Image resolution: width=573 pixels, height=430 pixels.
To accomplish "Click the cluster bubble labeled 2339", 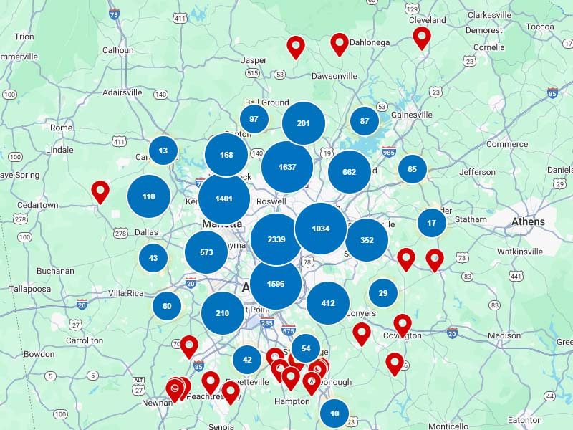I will [276, 239].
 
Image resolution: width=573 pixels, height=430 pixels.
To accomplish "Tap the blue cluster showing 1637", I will [287, 167].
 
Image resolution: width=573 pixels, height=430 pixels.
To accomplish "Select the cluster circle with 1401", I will [224, 199].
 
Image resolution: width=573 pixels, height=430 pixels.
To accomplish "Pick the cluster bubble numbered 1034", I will [321, 229].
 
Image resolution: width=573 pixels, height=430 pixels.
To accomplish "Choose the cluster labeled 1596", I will [276, 284].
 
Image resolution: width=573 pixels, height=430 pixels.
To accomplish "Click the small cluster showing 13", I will [163, 150].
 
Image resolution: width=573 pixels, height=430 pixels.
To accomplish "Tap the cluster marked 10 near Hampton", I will [334, 414].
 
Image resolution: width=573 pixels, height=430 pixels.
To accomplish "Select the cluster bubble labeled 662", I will [350, 172].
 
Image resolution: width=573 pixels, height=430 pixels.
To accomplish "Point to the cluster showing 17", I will [432, 223].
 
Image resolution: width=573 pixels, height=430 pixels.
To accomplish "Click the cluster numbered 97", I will [254, 118].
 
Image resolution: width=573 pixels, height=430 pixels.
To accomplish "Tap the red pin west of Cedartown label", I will [100, 191].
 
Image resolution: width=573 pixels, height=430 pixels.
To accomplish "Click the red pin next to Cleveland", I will [422, 36].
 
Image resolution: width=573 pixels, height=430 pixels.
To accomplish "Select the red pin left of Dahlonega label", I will [340, 43].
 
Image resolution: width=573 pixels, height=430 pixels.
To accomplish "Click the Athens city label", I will [528, 222].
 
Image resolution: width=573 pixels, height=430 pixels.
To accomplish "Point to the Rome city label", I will [62, 128].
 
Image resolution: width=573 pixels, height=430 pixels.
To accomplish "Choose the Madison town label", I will [504, 335].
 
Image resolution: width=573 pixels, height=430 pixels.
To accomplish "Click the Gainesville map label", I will [412, 115].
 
